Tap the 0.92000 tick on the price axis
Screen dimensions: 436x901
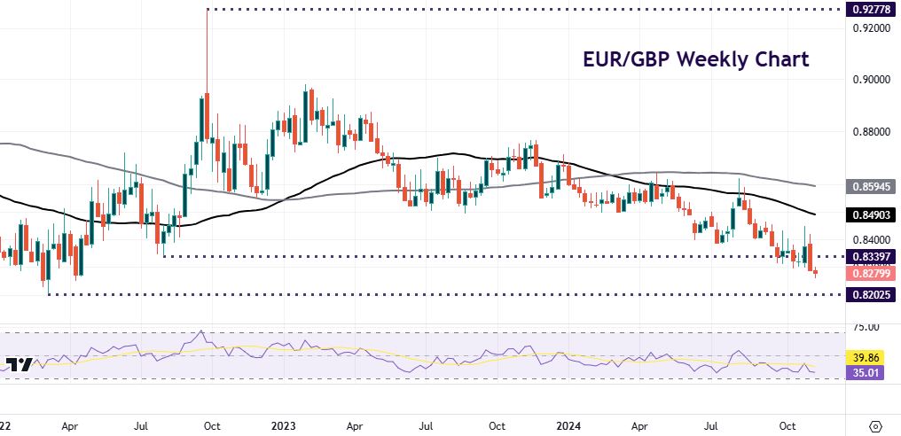865,28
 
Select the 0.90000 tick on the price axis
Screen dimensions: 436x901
865,80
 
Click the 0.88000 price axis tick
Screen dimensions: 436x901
865,132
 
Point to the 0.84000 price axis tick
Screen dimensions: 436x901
865,239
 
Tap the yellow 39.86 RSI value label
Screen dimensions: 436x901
866,357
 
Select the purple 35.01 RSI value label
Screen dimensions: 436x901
866,374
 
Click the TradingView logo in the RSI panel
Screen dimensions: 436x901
20,365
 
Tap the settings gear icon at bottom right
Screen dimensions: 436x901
876,424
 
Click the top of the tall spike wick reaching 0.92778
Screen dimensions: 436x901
207,11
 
